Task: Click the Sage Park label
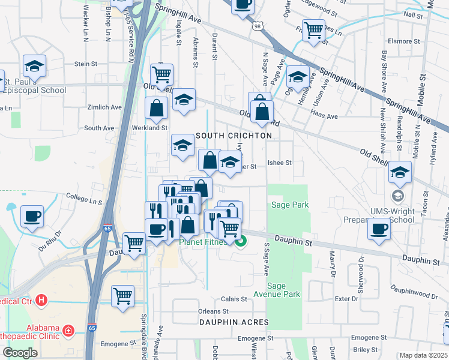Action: pyautogui.click(x=290, y=205)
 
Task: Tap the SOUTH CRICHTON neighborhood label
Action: pyautogui.click(x=233, y=136)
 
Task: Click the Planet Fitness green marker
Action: pyautogui.click(x=241, y=242)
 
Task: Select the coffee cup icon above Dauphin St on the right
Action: pyautogui.click(x=379, y=229)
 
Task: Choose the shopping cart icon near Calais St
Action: pyautogui.click(x=122, y=296)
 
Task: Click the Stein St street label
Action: pyautogui.click(x=86, y=64)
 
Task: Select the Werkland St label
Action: pyautogui.click(x=151, y=128)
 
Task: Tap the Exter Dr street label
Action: pyautogui.click(x=346, y=298)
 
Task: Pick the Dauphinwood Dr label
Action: pyautogui.click(x=414, y=294)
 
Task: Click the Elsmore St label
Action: pyautogui.click(x=400, y=41)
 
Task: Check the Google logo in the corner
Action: pyautogui.click(x=20, y=352)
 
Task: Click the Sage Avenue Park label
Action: pyautogui.click(x=283, y=290)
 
